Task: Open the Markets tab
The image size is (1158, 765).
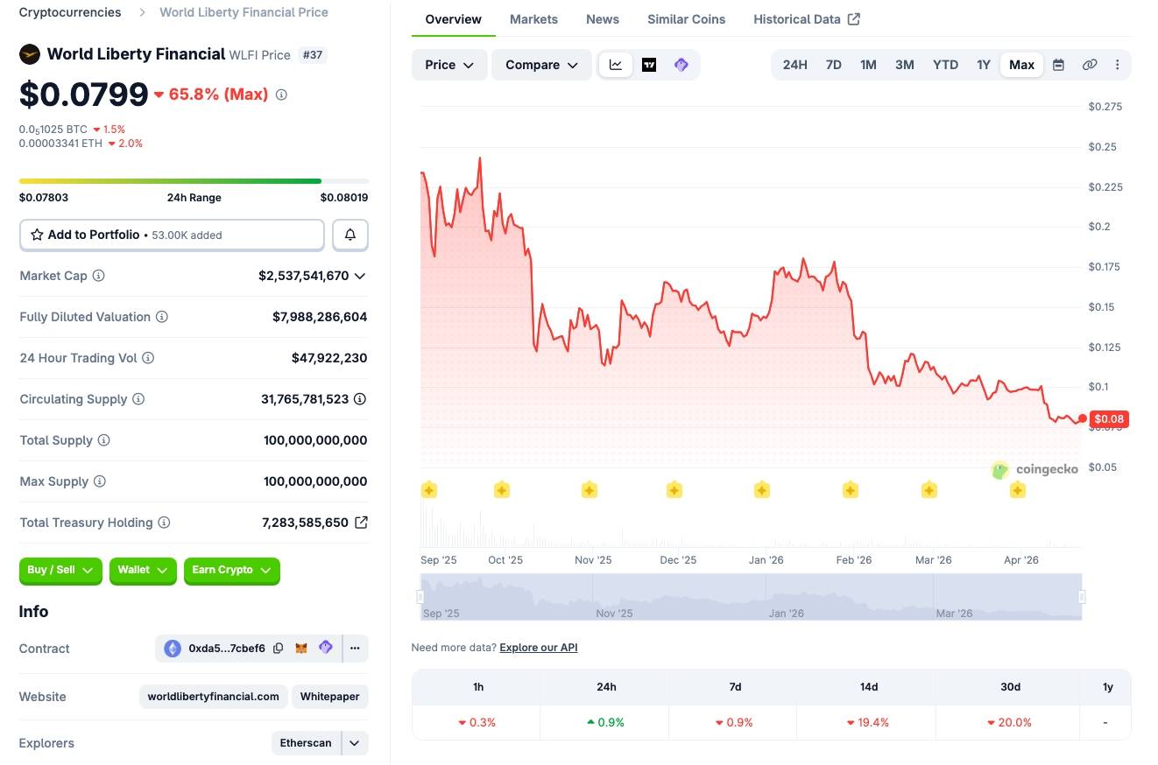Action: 533,19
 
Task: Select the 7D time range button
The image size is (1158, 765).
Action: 833,65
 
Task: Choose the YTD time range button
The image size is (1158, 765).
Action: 945,65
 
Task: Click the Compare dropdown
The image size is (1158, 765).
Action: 541,65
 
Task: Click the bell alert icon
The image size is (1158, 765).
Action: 350,235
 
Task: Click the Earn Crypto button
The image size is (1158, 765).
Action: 231,570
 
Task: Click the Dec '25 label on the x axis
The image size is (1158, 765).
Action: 678,560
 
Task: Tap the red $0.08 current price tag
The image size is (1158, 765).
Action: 1109,419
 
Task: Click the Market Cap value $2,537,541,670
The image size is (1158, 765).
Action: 303,276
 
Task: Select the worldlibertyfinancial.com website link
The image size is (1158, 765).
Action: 213,697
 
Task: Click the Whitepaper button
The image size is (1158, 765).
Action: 329,697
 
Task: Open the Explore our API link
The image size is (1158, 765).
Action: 538,648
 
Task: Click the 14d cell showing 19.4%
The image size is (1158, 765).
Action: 868,722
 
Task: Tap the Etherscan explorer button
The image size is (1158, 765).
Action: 306,743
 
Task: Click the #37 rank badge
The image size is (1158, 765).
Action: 313,54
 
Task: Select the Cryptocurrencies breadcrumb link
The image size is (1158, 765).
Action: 70,12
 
